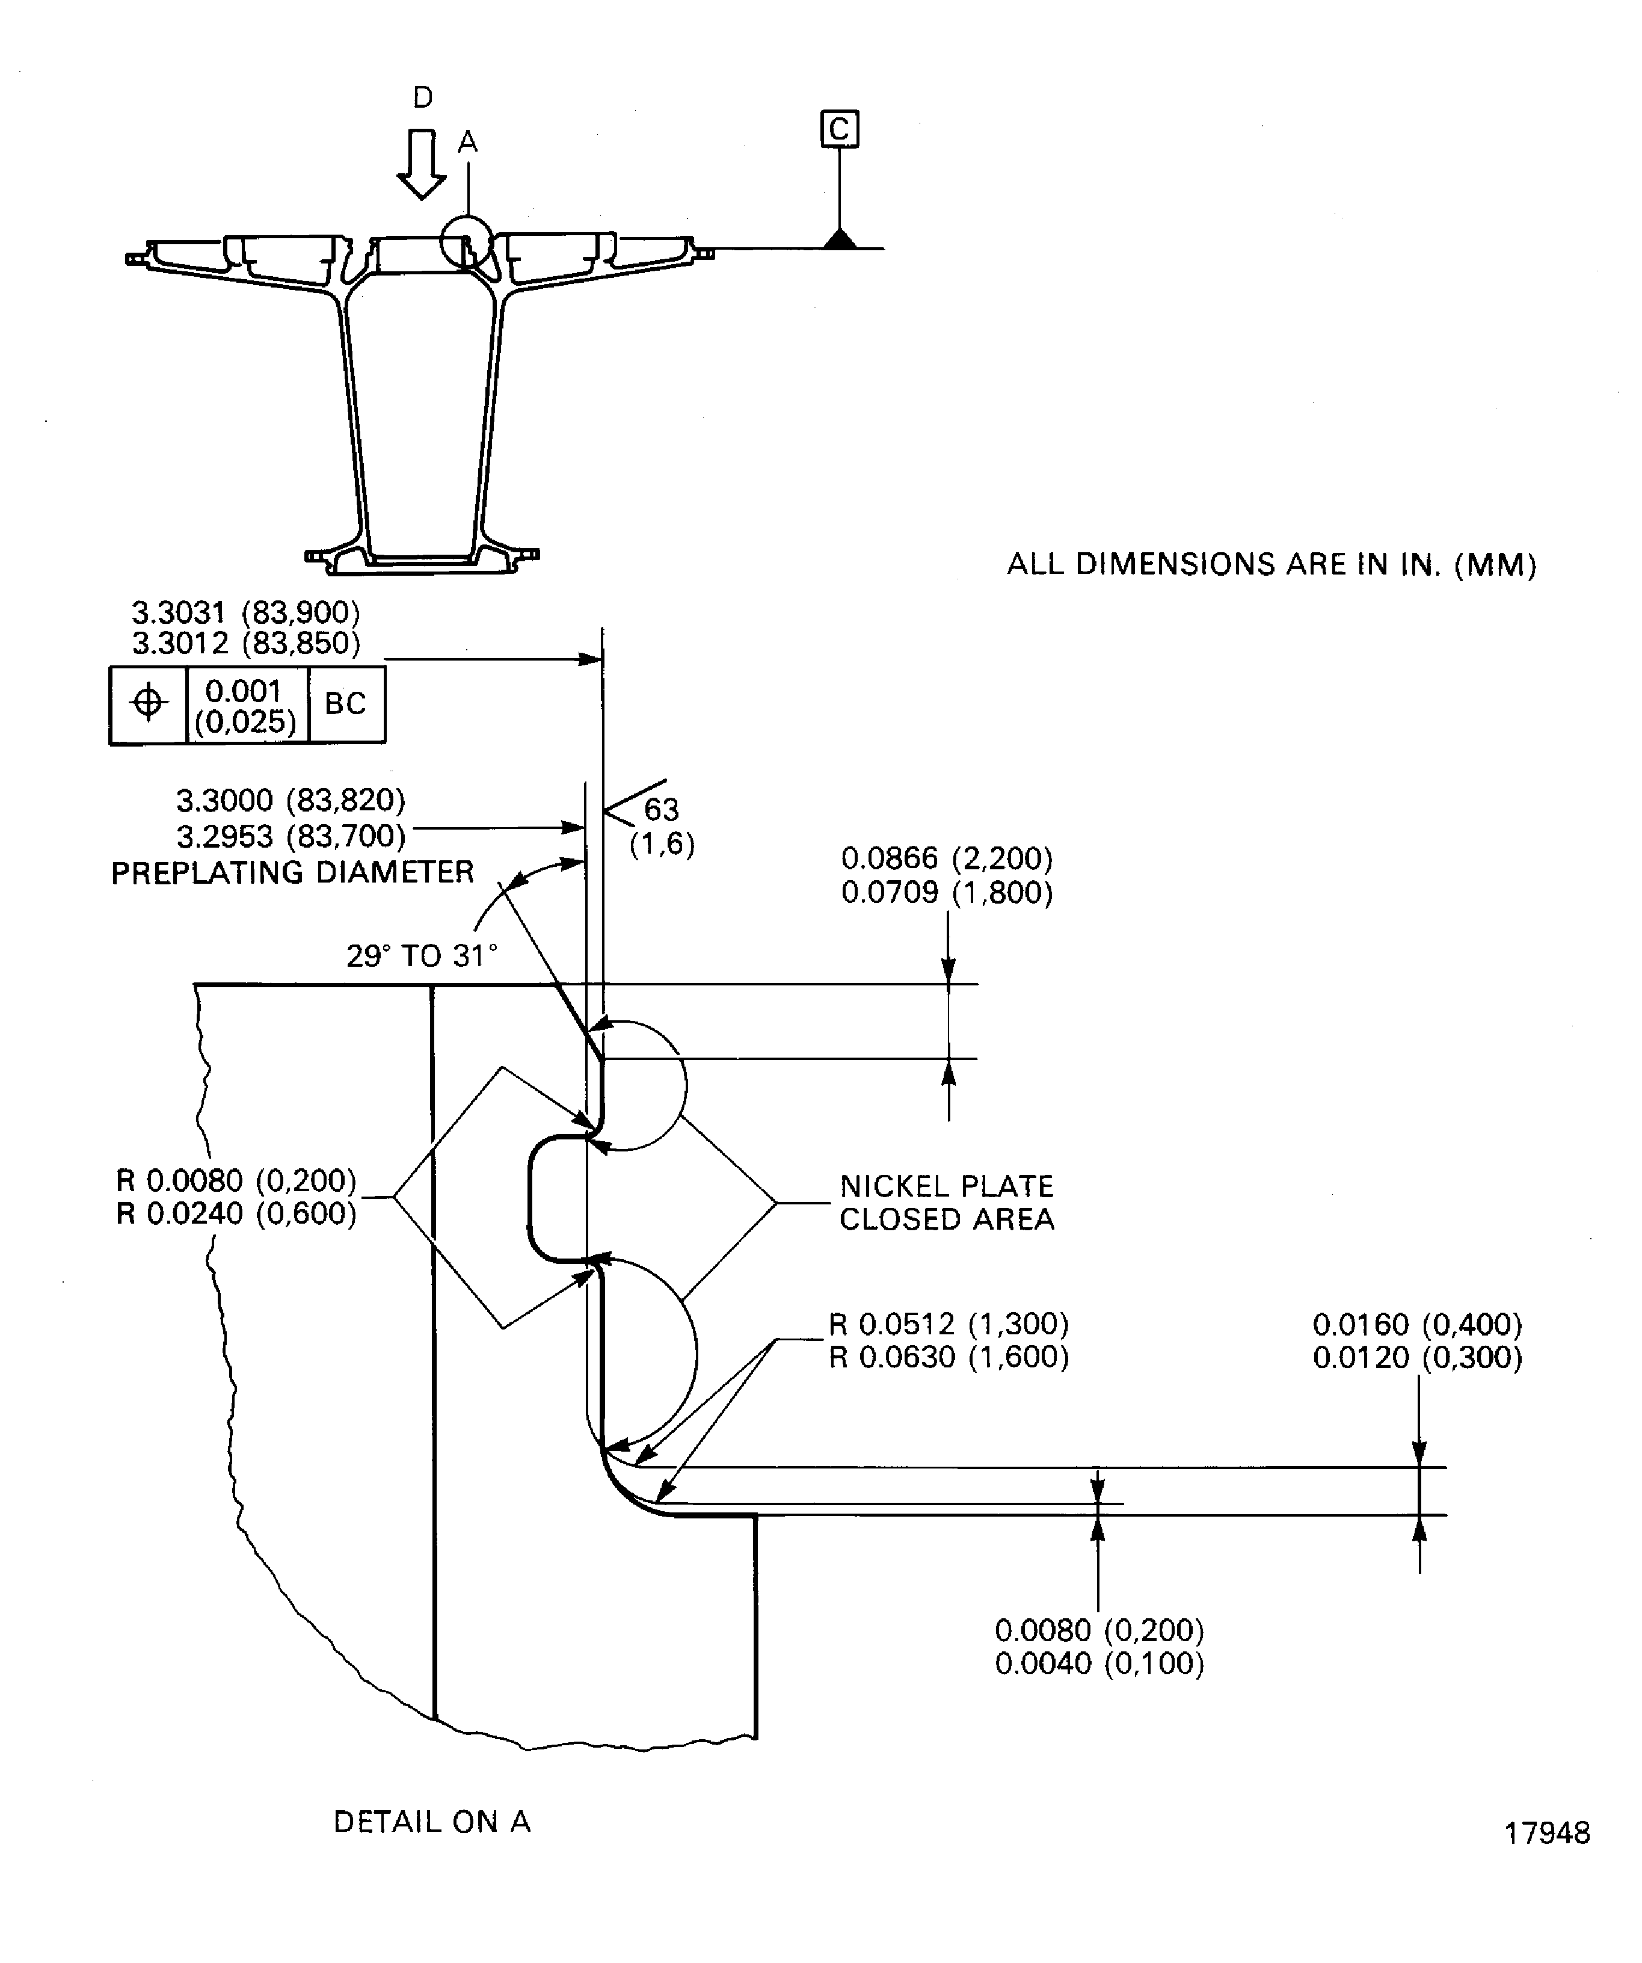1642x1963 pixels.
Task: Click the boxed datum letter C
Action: click(x=838, y=129)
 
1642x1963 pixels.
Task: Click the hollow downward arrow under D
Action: click(x=422, y=165)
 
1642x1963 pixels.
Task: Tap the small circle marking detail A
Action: click(x=466, y=242)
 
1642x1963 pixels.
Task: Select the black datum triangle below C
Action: click(x=840, y=239)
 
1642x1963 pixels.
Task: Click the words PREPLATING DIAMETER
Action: click(x=292, y=872)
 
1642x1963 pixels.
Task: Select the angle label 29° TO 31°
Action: click(x=422, y=955)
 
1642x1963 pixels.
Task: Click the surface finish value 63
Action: click(x=661, y=809)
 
